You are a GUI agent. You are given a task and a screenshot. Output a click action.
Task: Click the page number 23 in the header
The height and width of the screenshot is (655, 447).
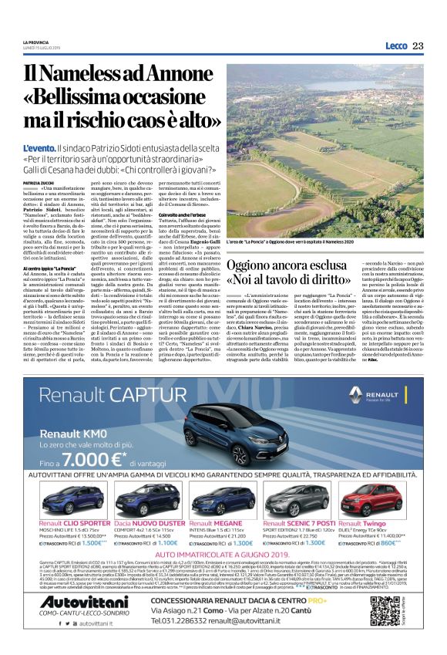click(418, 46)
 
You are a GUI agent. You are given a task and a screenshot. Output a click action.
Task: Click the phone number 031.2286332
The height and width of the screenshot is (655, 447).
click(191, 623)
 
